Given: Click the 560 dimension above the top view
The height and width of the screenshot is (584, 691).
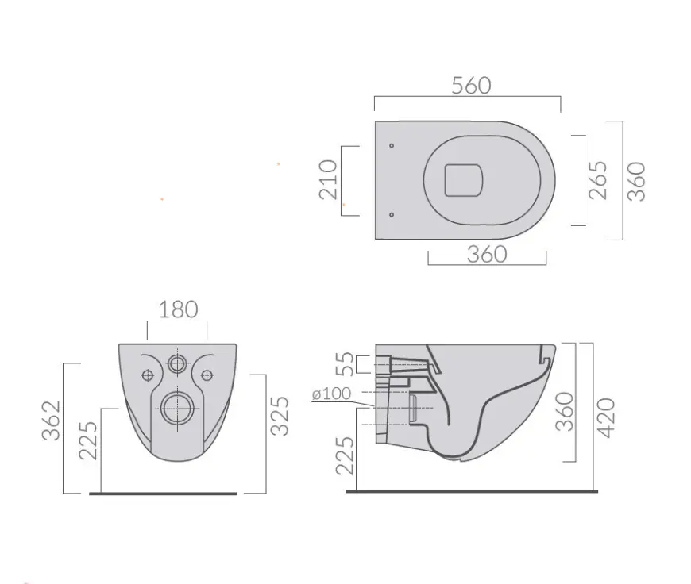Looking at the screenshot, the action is (471, 86).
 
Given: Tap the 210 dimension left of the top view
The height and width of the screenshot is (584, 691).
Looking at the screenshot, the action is (328, 179).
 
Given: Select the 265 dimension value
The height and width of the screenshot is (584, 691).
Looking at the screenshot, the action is (598, 180).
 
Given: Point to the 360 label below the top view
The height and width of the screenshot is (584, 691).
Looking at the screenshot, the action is (487, 255).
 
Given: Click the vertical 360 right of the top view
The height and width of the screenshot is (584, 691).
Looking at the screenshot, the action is (636, 182).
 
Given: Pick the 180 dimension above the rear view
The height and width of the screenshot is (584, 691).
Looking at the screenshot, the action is (178, 309).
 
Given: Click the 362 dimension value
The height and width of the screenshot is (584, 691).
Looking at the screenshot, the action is (51, 421).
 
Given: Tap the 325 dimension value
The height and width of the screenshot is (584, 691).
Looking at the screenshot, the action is (280, 417).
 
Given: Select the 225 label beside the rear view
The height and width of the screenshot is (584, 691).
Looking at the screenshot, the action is (88, 441).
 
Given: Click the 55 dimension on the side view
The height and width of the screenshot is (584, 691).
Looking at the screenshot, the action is (345, 363).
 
